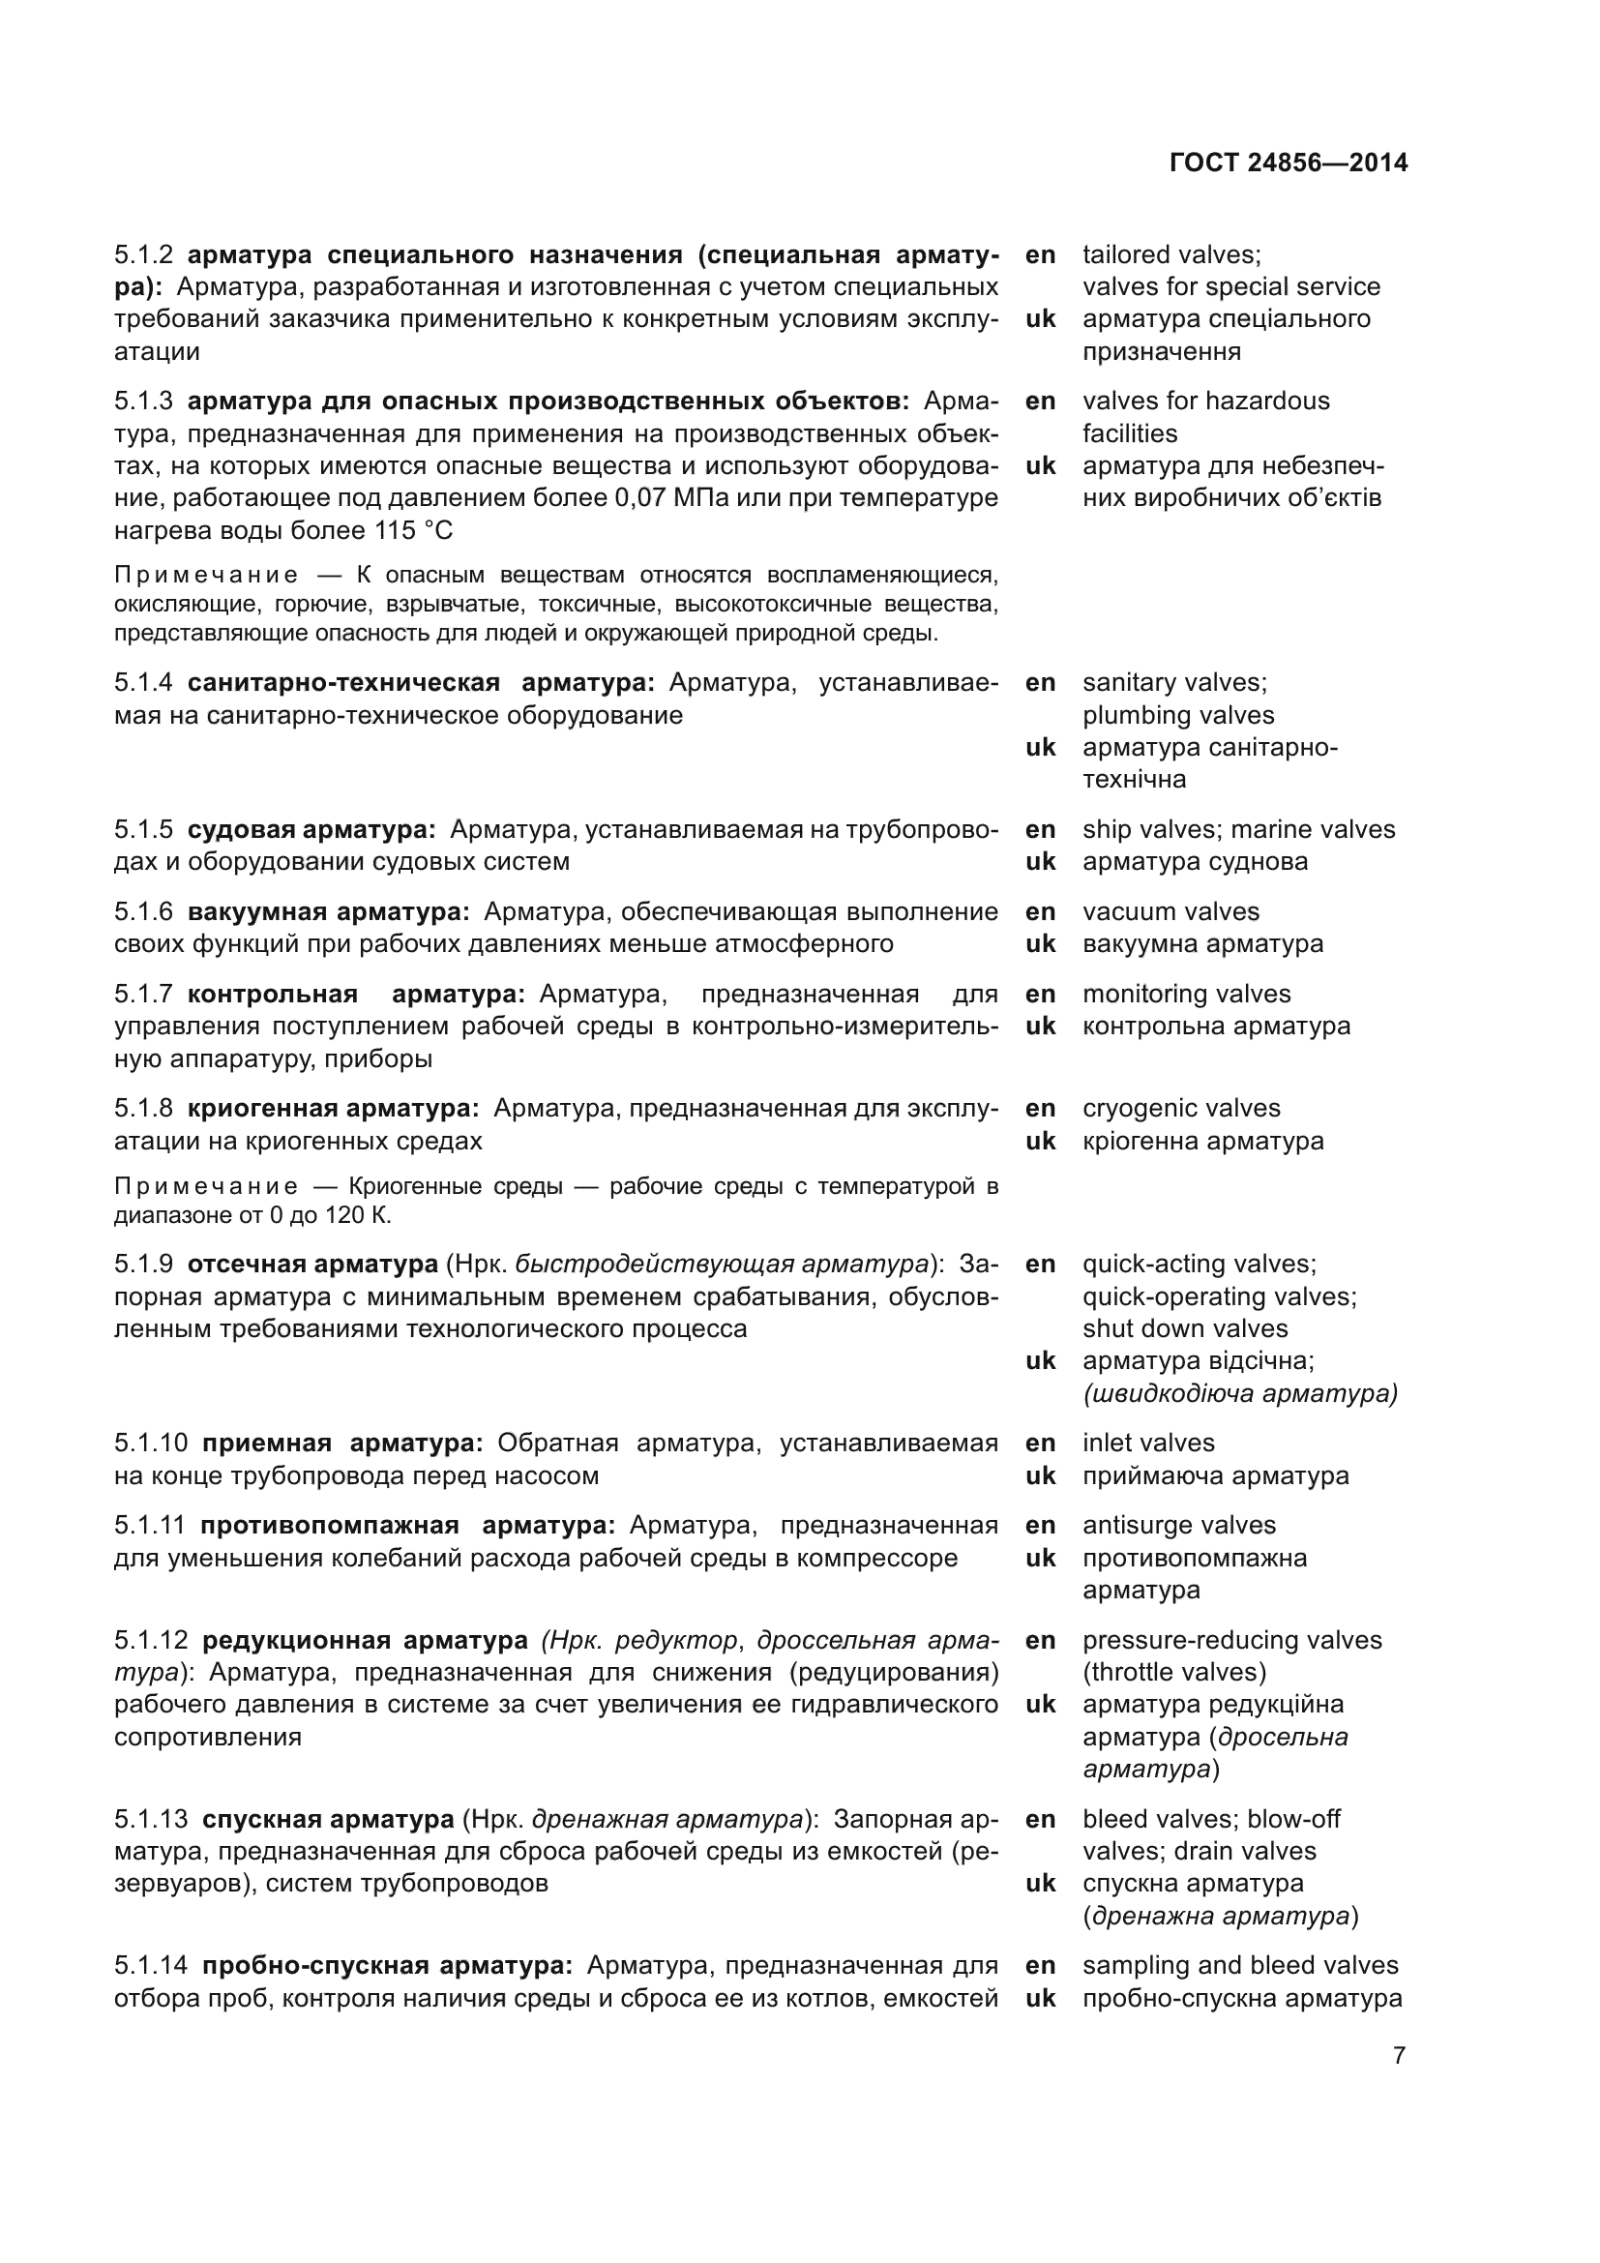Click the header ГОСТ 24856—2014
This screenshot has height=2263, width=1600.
click(1288, 163)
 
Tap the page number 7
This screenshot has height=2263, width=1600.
click(1399, 2056)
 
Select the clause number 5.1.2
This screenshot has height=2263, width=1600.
click(143, 255)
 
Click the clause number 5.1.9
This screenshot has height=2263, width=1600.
click(143, 1264)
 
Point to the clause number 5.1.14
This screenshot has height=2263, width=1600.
click(150, 1965)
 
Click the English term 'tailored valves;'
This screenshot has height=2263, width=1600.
click(1171, 255)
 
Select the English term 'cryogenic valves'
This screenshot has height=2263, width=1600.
click(1181, 1108)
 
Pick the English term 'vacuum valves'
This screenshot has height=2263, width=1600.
click(1170, 911)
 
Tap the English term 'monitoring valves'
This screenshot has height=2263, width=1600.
click(1186, 994)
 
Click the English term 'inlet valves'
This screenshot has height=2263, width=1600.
click(1148, 1443)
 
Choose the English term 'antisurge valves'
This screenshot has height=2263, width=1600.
click(1178, 1525)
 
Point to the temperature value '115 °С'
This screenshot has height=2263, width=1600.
click(413, 530)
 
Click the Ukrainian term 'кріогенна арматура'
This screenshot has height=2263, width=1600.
click(1203, 1141)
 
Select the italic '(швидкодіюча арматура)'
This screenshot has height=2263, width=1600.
click(1239, 1393)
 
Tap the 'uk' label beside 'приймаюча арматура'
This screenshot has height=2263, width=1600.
click(1041, 1475)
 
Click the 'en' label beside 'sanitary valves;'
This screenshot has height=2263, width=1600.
click(1041, 682)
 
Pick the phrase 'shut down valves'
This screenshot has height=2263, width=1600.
click(1184, 1328)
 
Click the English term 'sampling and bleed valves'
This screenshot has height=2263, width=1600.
click(1239, 1965)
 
